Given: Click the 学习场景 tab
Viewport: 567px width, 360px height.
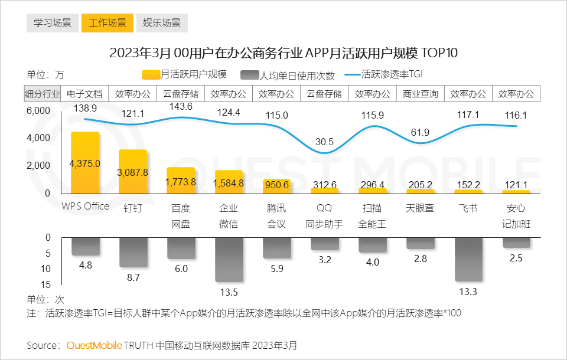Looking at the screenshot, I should point(53,24).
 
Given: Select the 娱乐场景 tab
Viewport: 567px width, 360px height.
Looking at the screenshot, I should point(161,24).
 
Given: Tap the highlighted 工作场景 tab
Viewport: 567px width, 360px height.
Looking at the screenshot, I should point(107,24).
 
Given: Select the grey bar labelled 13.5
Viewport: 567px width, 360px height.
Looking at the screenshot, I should point(229,259).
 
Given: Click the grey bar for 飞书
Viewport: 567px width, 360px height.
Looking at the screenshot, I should point(468,259).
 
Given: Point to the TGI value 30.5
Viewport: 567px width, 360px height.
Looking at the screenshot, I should point(325,142).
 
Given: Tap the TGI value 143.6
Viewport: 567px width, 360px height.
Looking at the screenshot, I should point(181,107).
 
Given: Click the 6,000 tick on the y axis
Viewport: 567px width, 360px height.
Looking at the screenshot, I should point(38,110).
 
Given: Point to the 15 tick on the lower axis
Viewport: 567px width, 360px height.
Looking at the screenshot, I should point(47,284).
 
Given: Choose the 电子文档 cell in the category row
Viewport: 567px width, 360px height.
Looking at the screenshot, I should point(84,94).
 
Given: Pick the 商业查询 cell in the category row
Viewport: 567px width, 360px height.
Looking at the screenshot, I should point(420,94).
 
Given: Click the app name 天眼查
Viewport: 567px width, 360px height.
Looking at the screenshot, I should point(420,208).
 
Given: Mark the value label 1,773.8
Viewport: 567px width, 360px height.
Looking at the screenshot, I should point(181,182).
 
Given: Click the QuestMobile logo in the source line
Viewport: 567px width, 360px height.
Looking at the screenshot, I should point(94,345).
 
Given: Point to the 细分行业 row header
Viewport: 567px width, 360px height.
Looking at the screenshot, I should point(43,94).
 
